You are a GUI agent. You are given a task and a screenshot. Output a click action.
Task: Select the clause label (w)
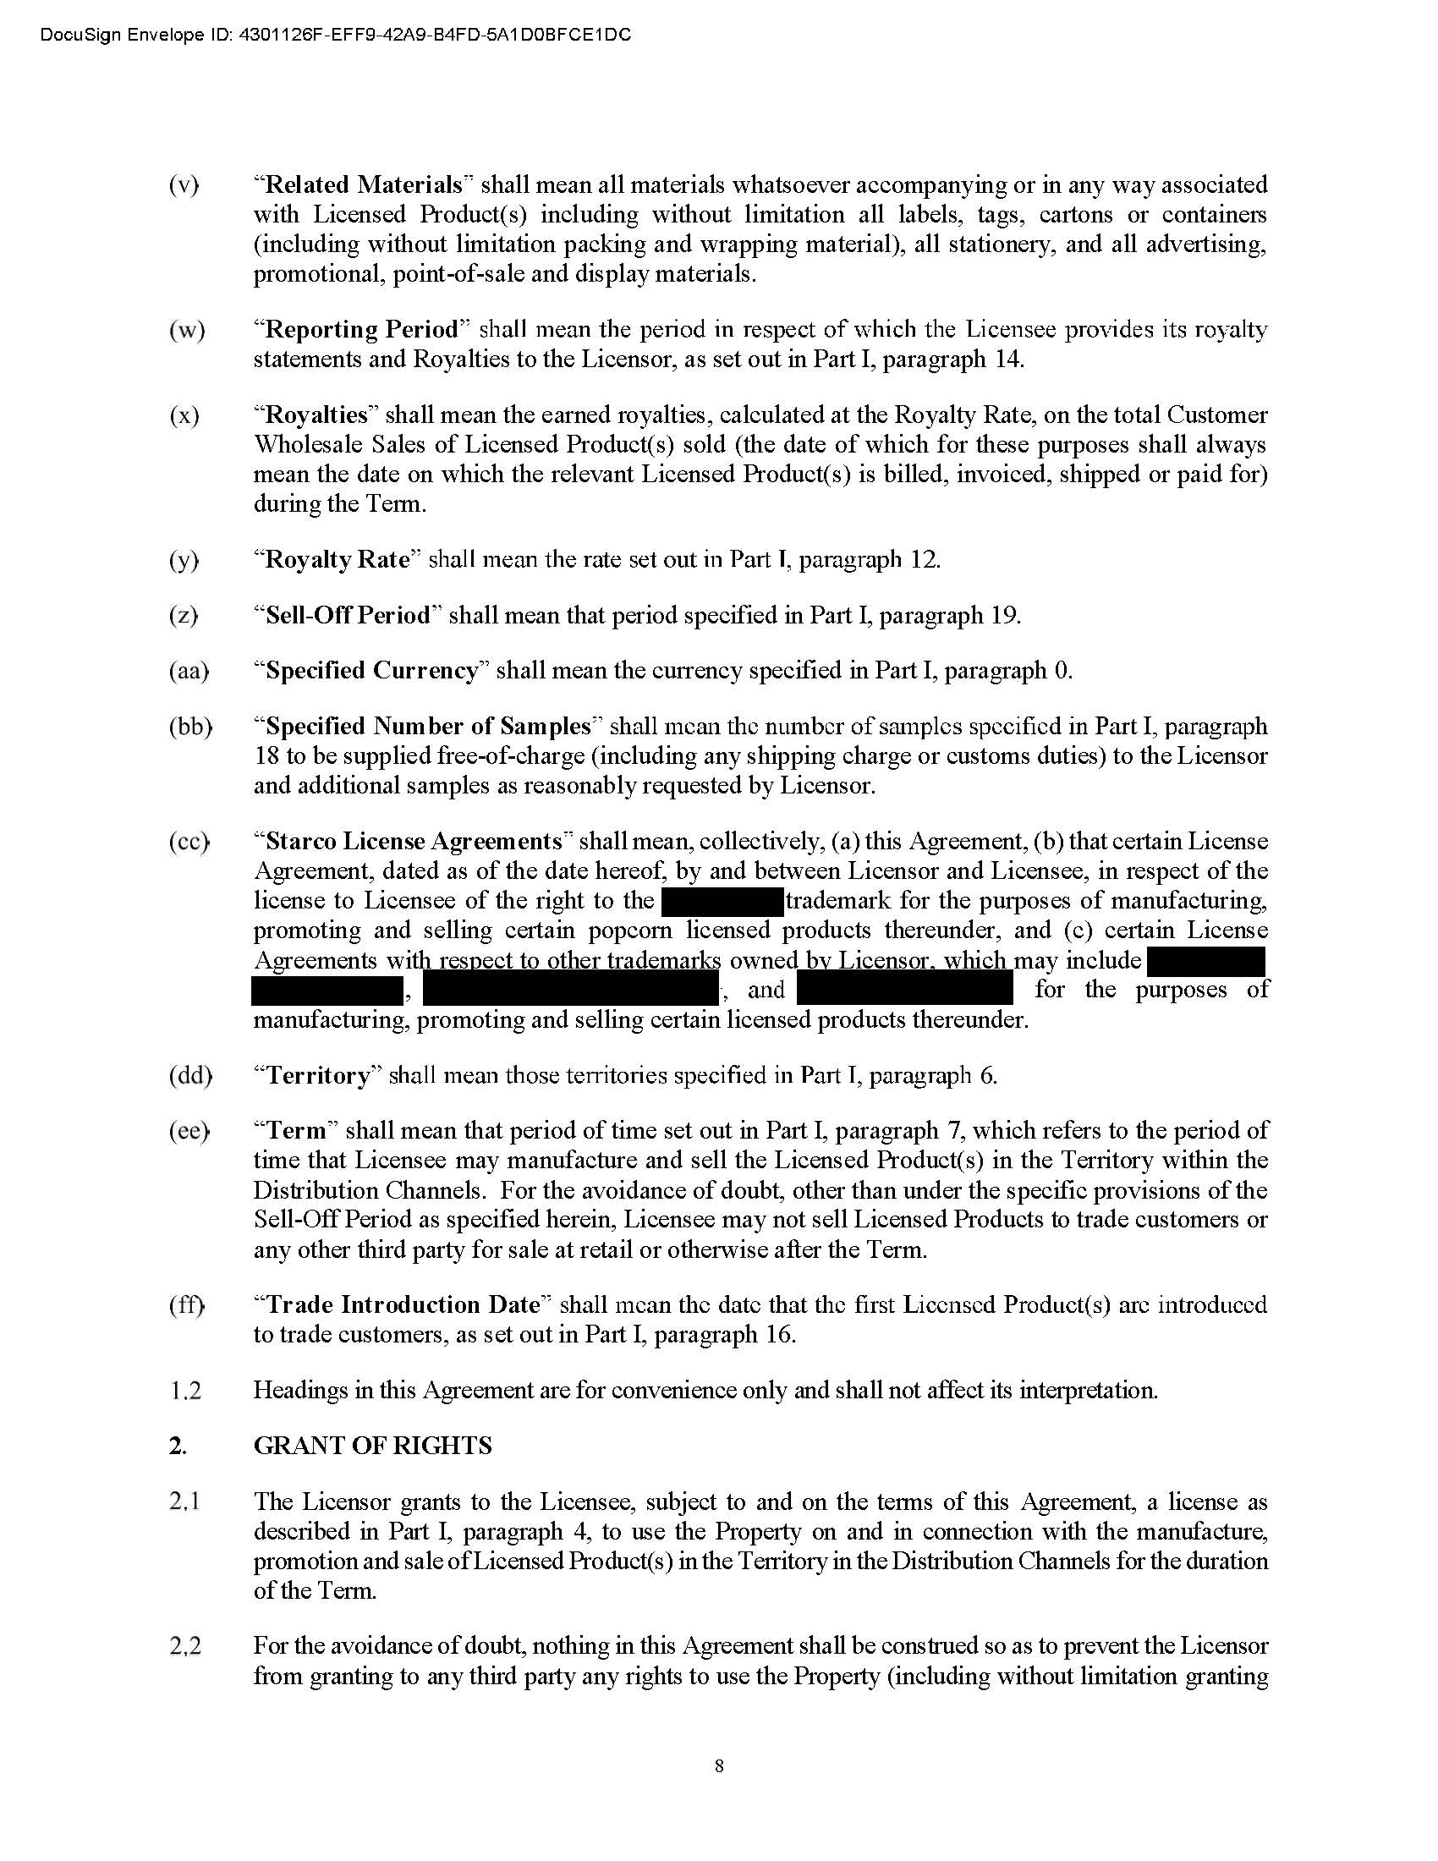click(x=187, y=330)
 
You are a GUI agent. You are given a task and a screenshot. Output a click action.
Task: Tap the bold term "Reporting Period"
click(x=362, y=330)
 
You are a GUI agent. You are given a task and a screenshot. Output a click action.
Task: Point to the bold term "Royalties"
click(x=316, y=415)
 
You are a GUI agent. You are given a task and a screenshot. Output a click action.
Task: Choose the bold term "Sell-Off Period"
click(x=349, y=615)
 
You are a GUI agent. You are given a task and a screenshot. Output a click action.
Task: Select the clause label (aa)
click(x=189, y=671)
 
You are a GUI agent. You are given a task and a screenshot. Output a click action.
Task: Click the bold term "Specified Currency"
click(x=372, y=671)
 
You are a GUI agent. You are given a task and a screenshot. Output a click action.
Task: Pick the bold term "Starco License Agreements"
click(x=413, y=841)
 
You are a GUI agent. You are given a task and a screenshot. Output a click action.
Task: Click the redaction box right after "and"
click(x=905, y=991)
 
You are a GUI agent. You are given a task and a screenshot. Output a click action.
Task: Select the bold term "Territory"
click(x=320, y=1075)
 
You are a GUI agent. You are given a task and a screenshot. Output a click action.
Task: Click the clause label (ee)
click(x=189, y=1131)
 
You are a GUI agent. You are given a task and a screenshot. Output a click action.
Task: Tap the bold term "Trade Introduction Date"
click(x=403, y=1305)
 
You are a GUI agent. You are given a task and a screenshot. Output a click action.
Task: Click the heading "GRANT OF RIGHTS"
click(x=372, y=1446)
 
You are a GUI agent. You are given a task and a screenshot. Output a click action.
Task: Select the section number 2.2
click(x=185, y=1646)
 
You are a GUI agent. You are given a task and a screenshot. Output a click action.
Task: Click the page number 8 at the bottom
click(x=719, y=1765)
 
